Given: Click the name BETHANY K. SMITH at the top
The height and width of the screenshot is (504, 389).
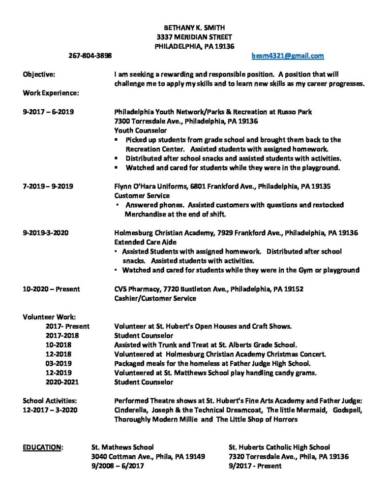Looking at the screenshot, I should point(194,28).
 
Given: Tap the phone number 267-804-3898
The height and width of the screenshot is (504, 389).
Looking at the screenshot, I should point(90,56).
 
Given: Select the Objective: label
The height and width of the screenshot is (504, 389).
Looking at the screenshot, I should point(39,74).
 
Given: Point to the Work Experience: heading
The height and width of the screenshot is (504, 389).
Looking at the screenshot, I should point(51,93).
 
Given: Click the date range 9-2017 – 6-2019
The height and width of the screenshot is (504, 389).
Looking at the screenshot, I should point(48,112).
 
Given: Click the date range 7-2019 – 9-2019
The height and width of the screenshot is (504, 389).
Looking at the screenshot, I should point(48,187).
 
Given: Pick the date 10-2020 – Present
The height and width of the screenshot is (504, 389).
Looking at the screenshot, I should point(51,289).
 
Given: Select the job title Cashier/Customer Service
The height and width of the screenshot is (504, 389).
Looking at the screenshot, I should point(155,298).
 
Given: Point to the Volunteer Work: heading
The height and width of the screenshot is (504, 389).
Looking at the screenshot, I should point(49,317).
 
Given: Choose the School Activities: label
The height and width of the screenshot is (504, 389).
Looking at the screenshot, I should point(50,401).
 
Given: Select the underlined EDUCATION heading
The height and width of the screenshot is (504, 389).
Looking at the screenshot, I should point(43,447).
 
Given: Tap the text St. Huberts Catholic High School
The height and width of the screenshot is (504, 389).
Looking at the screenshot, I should point(279,447).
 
